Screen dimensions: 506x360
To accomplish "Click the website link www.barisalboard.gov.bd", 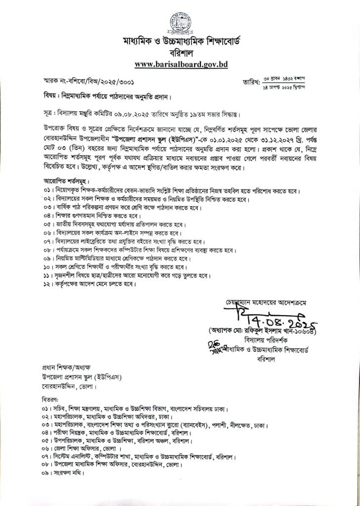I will [x=180, y=64].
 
